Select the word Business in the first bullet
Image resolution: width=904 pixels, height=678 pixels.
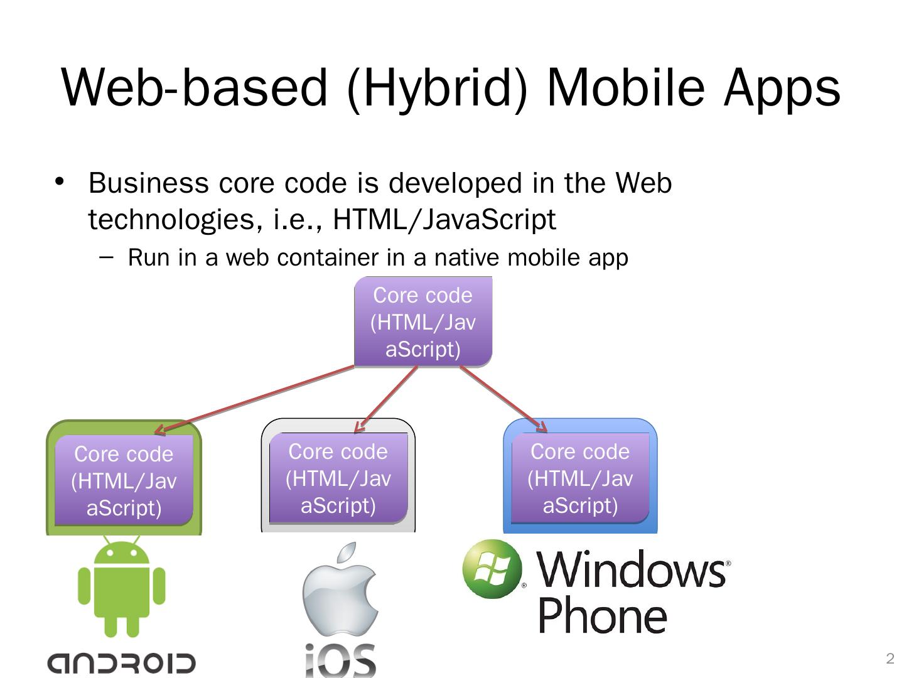click(x=149, y=183)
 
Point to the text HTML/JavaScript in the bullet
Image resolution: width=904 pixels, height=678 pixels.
click(x=444, y=220)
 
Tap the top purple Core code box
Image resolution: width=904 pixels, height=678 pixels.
click(x=423, y=322)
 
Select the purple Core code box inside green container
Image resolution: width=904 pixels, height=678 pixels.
click(x=124, y=481)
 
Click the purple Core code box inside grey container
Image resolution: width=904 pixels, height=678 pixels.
click(x=338, y=478)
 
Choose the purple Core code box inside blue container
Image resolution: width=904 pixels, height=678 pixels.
click(x=580, y=478)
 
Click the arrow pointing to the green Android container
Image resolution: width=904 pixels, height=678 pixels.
click(x=251, y=400)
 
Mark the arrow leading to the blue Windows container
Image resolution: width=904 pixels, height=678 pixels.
click(x=504, y=399)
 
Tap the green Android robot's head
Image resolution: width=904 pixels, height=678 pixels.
click(x=122, y=552)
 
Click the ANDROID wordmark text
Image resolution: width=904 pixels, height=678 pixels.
click(x=122, y=663)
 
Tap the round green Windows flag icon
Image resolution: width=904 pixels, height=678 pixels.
click(x=492, y=569)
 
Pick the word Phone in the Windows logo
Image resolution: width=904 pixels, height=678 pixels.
click(x=603, y=616)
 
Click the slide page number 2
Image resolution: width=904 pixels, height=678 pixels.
click(x=890, y=659)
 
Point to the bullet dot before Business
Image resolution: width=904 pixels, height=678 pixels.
click(x=60, y=182)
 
